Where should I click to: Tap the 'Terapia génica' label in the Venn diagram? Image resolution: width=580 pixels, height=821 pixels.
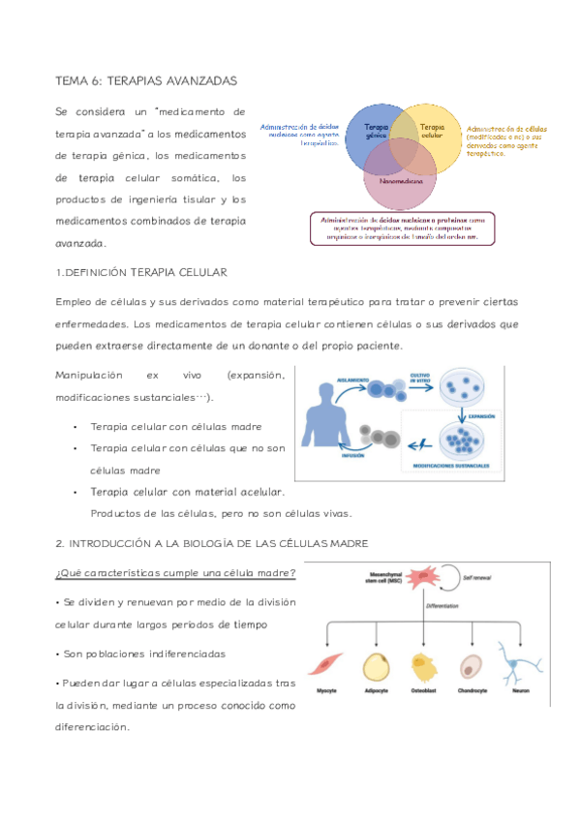pyautogui.click(x=377, y=133)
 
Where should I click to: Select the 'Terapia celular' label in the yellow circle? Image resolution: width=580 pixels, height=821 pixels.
pyautogui.click(x=432, y=131)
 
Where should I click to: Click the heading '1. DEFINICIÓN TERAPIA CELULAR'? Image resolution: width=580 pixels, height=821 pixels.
pyautogui.click(x=141, y=272)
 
